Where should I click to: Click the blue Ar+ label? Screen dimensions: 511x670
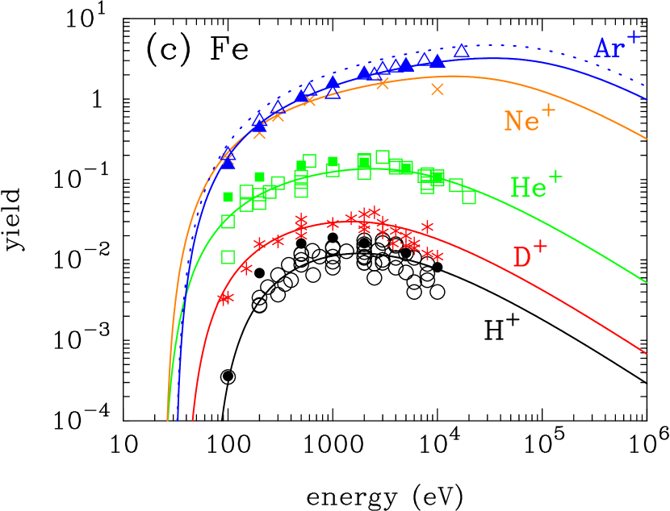617,46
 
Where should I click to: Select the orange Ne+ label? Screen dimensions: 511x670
529,119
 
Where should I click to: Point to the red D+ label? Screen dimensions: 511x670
530,256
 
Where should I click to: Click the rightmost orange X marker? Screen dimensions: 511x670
438,89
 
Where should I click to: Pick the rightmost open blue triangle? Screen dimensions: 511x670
461,52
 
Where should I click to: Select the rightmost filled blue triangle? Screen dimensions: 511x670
438,61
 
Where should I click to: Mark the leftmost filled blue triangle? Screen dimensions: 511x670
228,161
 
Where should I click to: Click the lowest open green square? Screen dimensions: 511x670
228,257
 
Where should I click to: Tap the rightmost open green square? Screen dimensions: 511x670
469,197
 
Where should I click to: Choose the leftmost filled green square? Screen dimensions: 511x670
228,197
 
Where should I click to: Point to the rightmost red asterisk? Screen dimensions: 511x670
438,256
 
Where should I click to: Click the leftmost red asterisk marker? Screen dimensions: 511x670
223,298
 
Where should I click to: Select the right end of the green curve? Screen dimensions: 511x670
647,283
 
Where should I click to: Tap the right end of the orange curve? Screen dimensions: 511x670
647,139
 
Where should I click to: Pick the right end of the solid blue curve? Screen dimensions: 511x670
647,99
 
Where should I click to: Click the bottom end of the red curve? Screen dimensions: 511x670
192,420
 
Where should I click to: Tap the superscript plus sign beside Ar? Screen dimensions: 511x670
634,36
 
